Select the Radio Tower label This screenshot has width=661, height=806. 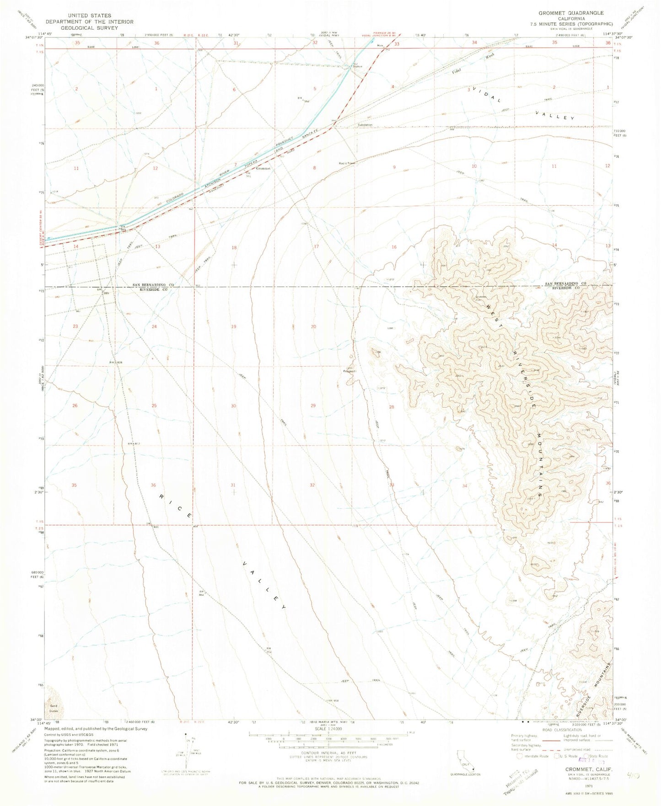(x=347, y=163)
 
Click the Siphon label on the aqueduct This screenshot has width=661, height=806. (x=357, y=66)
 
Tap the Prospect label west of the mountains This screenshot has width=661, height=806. (x=349, y=371)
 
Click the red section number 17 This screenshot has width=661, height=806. (x=316, y=247)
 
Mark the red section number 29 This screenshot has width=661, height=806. (x=313, y=406)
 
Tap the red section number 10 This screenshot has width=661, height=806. (x=474, y=166)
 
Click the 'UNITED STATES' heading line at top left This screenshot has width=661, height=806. (x=89, y=15)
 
